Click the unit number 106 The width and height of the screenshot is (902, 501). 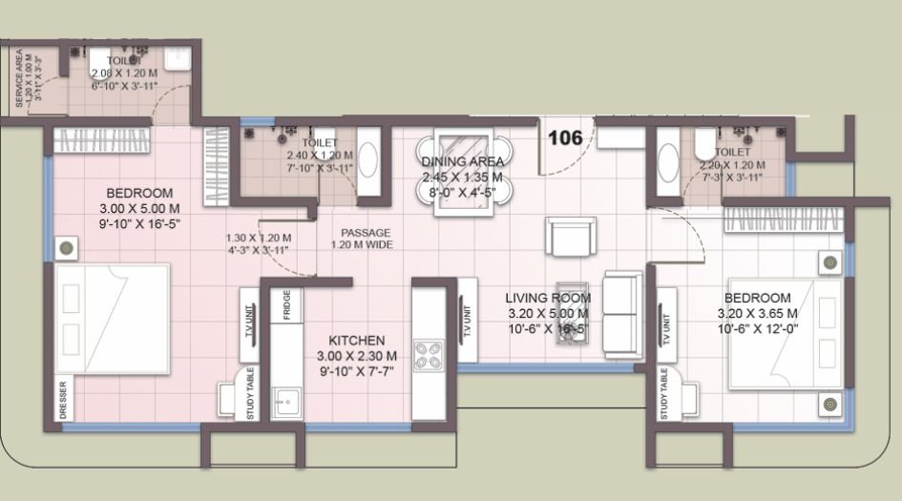pyautogui.click(x=565, y=137)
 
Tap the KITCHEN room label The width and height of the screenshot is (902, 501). pyautogui.click(x=357, y=341)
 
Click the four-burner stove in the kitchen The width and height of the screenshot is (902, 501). pyautogui.click(x=427, y=356)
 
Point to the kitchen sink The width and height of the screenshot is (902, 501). pyautogui.click(x=282, y=405)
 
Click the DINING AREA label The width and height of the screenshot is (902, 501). pyautogui.click(x=463, y=162)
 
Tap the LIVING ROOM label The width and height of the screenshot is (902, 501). pyautogui.click(x=547, y=298)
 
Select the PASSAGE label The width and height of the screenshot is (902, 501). pyautogui.click(x=367, y=232)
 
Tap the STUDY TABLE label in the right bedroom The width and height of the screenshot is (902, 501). pyautogui.click(x=662, y=394)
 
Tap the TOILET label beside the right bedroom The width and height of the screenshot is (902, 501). pyautogui.click(x=732, y=151)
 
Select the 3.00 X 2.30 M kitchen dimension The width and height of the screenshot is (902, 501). pyautogui.click(x=357, y=356)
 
